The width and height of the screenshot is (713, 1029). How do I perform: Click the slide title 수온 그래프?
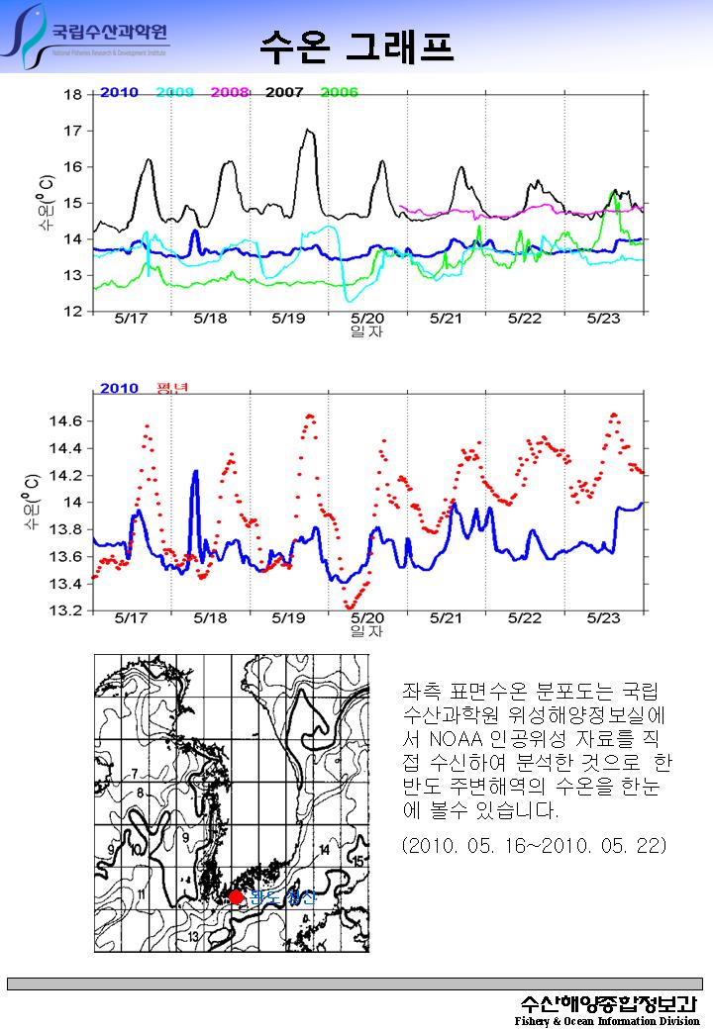click(x=356, y=44)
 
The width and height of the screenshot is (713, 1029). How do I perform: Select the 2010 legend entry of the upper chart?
click(x=118, y=92)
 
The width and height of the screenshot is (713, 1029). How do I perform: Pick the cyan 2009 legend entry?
click(x=174, y=92)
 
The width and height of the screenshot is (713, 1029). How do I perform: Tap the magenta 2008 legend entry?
click(x=229, y=92)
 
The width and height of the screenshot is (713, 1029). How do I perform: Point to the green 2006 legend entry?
click(x=339, y=92)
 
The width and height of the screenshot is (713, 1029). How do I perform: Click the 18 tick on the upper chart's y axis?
click(x=72, y=95)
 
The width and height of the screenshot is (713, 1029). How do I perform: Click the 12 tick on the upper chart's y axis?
click(x=72, y=312)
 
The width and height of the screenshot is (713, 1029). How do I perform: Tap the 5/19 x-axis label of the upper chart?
click(x=288, y=319)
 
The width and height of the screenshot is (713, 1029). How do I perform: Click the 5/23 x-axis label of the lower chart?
click(x=603, y=617)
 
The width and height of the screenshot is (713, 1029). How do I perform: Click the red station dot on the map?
click(x=236, y=896)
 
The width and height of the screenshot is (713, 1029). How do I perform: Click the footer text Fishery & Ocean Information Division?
click(x=606, y=1020)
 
